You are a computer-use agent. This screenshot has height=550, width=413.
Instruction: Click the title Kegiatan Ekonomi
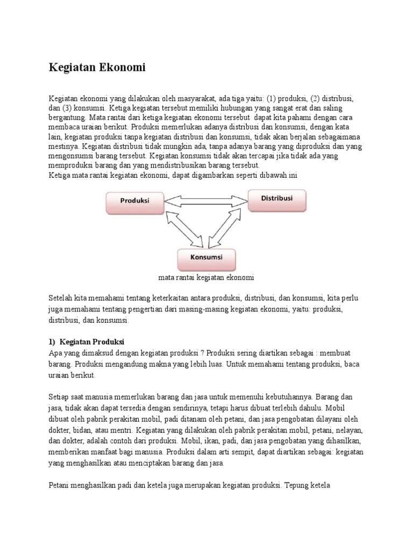point(97,68)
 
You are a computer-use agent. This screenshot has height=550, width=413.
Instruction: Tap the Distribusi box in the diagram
point(277,198)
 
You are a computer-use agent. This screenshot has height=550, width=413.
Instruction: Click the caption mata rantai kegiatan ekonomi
point(206,278)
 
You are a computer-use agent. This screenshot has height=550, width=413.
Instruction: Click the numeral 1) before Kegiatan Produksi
point(52,342)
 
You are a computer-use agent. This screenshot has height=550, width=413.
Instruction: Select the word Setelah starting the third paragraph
point(61,298)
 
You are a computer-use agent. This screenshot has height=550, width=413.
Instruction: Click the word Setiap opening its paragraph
point(60,397)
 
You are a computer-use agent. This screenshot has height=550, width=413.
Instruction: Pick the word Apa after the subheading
point(55,352)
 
